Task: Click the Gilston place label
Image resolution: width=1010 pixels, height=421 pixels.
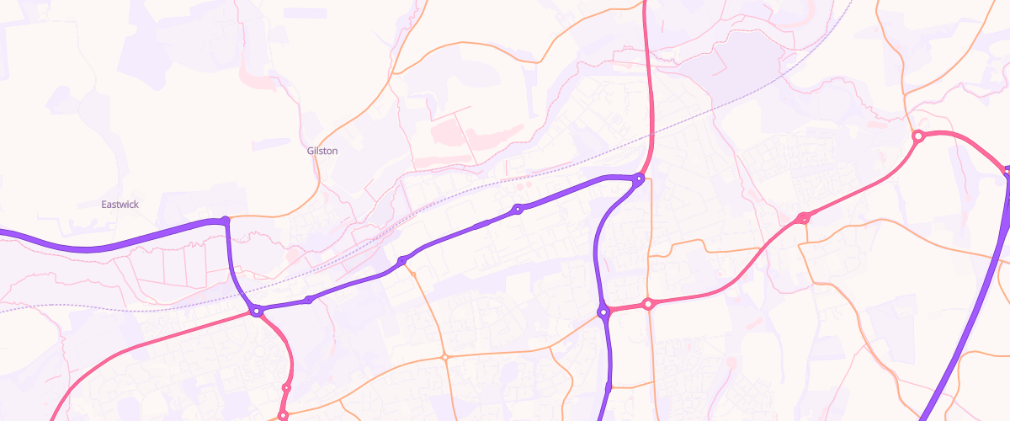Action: tap(322, 151)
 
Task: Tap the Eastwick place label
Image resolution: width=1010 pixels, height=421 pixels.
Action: tap(120, 205)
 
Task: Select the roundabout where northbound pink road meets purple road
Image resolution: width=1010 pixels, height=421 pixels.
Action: tap(640, 179)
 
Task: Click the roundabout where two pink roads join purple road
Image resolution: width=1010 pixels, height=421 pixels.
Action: tap(257, 312)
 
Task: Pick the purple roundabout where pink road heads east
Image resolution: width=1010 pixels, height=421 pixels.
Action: tap(603, 312)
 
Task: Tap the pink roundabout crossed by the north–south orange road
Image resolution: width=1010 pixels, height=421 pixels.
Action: tap(647, 304)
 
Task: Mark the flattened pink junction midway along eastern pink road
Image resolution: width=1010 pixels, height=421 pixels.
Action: tap(803, 218)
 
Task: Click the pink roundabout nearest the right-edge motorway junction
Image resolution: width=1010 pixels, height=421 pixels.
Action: tap(918, 136)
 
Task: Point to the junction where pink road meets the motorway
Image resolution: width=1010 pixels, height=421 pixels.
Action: tap(1007, 172)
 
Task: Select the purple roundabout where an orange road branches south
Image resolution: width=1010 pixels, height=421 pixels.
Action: tap(402, 260)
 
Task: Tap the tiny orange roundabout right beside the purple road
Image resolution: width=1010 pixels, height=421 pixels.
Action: tap(412, 274)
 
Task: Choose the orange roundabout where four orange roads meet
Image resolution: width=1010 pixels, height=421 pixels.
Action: tap(444, 358)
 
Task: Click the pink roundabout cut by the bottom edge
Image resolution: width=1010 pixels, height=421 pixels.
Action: tap(283, 415)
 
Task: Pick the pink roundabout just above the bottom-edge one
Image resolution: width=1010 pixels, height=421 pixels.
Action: tap(286, 387)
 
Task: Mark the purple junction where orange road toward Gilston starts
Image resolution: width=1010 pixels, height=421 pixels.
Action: tap(224, 221)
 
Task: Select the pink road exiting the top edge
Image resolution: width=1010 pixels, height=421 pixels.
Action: tap(646, 51)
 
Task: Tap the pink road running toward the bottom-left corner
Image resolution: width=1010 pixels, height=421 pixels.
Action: tap(101, 362)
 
